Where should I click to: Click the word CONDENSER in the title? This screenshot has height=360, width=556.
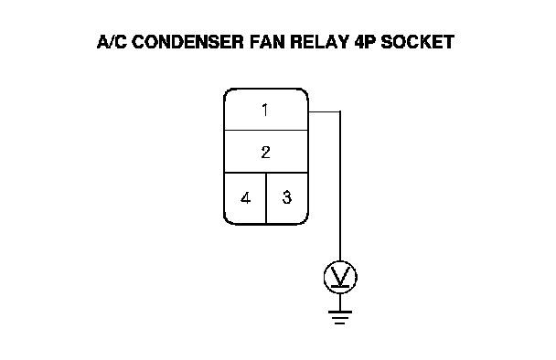tap(188, 42)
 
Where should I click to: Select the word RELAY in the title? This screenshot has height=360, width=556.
tap(319, 42)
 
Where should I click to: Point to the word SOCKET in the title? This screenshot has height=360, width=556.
tap(417, 42)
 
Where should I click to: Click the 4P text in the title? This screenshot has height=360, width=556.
tap(365, 42)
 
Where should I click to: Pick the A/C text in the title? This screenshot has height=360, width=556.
tap(112, 42)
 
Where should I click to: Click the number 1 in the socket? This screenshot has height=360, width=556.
tap(265, 110)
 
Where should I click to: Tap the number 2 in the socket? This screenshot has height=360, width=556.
tap(265, 152)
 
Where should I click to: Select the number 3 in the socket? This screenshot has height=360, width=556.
tap(287, 197)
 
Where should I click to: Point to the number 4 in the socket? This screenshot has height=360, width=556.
tap(245, 197)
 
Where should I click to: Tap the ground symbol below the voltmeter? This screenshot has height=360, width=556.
tap(340, 317)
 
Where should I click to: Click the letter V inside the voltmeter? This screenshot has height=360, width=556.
tap(340, 275)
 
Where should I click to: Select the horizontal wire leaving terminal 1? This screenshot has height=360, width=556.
tap(324, 111)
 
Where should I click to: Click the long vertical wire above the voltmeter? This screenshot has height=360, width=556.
tap(340, 186)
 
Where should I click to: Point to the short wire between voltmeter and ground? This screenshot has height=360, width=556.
tap(340, 302)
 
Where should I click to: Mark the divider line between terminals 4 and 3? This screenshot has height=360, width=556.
tap(266, 198)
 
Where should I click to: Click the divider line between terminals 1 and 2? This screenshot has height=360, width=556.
tap(266, 130)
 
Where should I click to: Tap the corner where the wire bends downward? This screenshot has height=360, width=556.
tap(340, 111)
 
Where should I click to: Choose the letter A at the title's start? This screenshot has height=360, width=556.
tap(102, 42)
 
